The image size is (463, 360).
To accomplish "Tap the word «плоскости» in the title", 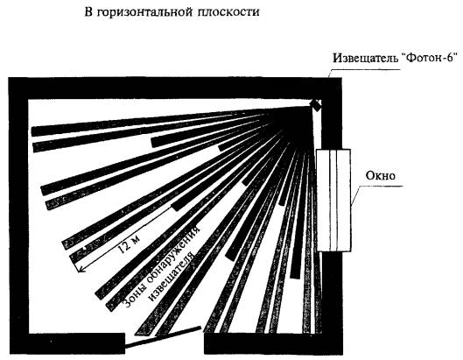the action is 227,11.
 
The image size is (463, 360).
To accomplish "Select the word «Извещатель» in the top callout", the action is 365,58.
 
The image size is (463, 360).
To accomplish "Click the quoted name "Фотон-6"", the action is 430,57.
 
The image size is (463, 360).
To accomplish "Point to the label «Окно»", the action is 381,175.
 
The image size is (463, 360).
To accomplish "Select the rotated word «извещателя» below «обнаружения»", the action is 172,277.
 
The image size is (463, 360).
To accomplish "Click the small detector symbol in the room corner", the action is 315,105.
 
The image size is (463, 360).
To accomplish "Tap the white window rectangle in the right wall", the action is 333,201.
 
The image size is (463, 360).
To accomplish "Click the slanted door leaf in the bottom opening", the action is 163,336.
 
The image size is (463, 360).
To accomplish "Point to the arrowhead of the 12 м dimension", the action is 79,268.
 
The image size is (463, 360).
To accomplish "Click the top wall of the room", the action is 175,88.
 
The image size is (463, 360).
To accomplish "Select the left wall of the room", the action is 18,215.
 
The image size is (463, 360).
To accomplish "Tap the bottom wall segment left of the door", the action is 67,343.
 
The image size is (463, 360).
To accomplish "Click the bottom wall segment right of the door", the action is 273,343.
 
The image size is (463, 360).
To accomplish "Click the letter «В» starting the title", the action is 88,12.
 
